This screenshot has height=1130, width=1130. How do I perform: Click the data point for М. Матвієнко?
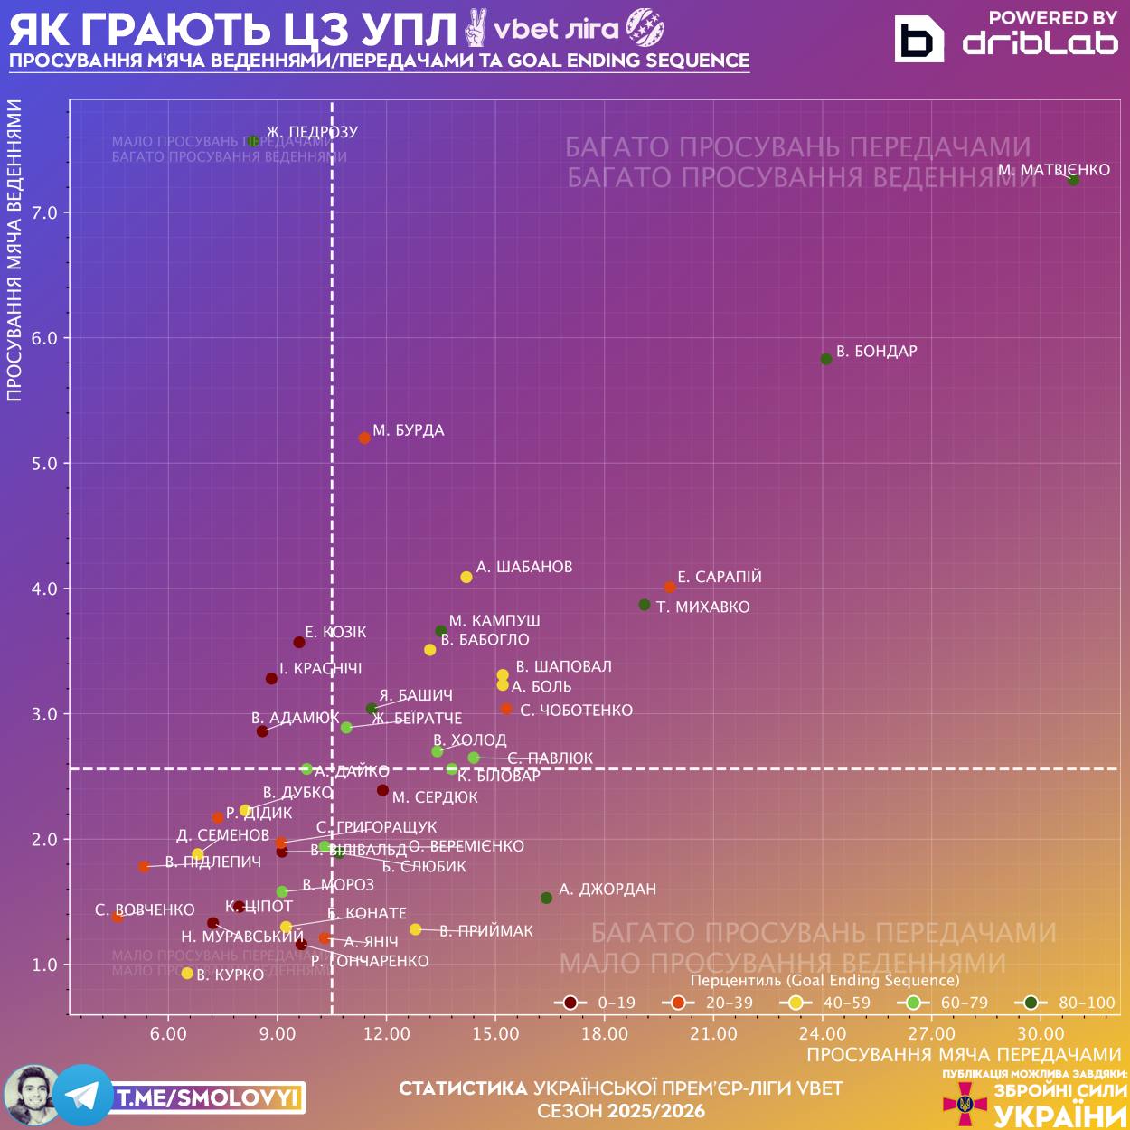pyautogui.click(x=1073, y=181)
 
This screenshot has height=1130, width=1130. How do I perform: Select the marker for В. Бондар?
pyautogui.click(x=826, y=359)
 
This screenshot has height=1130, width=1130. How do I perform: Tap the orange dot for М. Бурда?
pyautogui.click(x=364, y=438)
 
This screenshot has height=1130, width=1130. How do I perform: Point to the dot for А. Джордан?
pyautogui.click(x=546, y=898)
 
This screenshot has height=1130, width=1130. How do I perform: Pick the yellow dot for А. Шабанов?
pyautogui.click(x=466, y=577)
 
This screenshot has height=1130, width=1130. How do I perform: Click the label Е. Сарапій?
pyautogui.click(x=720, y=577)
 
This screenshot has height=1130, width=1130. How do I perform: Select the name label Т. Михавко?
pyautogui.click(x=703, y=607)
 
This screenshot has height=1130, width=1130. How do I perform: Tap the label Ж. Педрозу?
pyautogui.click(x=312, y=132)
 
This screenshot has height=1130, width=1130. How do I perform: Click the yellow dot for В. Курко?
pyautogui.click(x=187, y=974)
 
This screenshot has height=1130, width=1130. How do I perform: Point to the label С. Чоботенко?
pyautogui.click(x=577, y=711)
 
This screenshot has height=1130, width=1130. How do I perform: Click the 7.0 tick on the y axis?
pyautogui.click(x=45, y=213)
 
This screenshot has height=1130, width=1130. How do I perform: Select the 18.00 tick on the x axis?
pyautogui.click(x=605, y=1033)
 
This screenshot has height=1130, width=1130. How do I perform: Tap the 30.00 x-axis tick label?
pyautogui.click(x=1041, y=1033)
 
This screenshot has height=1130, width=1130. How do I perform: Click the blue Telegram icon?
pyautogui.click(x=83, y=1096)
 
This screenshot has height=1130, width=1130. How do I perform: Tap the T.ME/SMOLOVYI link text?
pyautogui.click(x=208, y=1098)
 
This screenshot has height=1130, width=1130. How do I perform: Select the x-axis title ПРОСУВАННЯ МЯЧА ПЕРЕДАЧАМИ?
pyautogui.click(x=964, y=1055)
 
